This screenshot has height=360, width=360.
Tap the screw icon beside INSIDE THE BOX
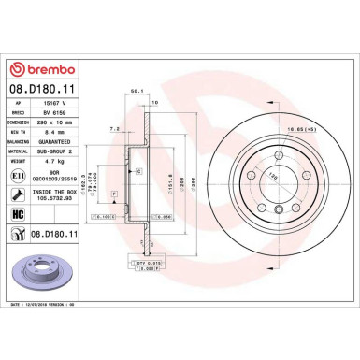[22, 195]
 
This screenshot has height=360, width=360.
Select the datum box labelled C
[137, 173]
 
